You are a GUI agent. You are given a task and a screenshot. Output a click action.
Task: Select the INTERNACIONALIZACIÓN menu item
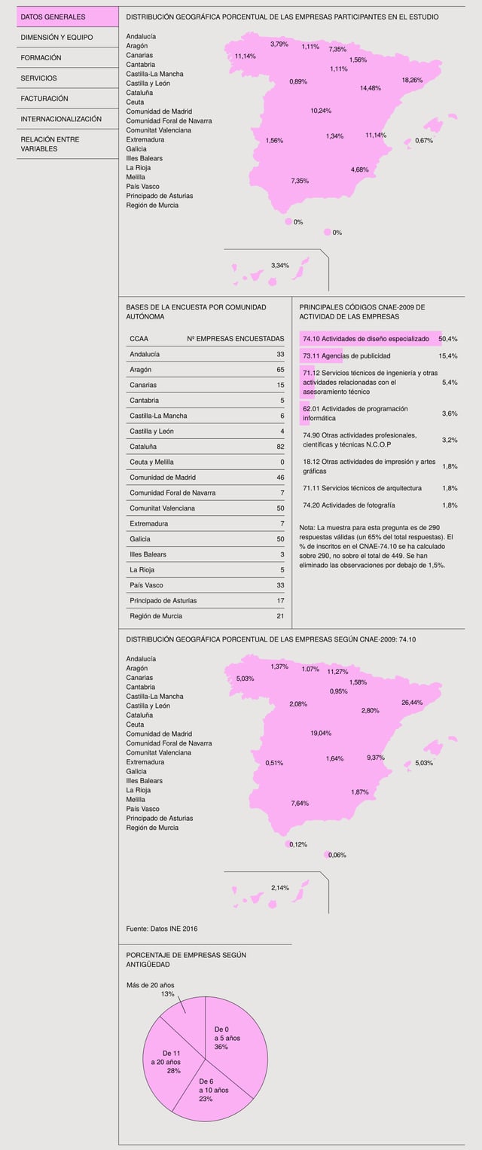click(x=61, y=119)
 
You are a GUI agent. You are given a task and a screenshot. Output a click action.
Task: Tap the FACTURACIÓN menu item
click(x=44, y=99)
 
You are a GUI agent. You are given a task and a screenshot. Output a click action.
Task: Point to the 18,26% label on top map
click(x=412, y=80)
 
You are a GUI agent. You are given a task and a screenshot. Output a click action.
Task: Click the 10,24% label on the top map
click(x=321, y=111)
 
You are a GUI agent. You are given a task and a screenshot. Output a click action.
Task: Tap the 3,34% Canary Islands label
click(x=280, y=265)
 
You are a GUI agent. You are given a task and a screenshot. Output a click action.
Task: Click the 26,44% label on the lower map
click(x=412, y=703)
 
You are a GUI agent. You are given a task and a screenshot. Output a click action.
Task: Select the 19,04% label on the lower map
click(x=321, y=733)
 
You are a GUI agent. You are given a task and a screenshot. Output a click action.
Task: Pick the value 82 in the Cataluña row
click(x=279, y=447)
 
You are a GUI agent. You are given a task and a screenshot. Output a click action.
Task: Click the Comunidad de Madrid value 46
click(x=279, y=477)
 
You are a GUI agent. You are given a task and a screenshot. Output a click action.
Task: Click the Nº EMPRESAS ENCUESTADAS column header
click(x=235, y=339)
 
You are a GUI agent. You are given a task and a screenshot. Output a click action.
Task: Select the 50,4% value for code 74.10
click(x=448, y=339)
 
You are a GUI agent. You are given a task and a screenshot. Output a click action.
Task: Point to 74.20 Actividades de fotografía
click(x=349, y=505)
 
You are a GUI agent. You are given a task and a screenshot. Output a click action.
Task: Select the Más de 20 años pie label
click(x=151, y=985)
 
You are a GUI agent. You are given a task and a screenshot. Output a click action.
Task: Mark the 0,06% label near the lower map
click(x=337, y=855)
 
